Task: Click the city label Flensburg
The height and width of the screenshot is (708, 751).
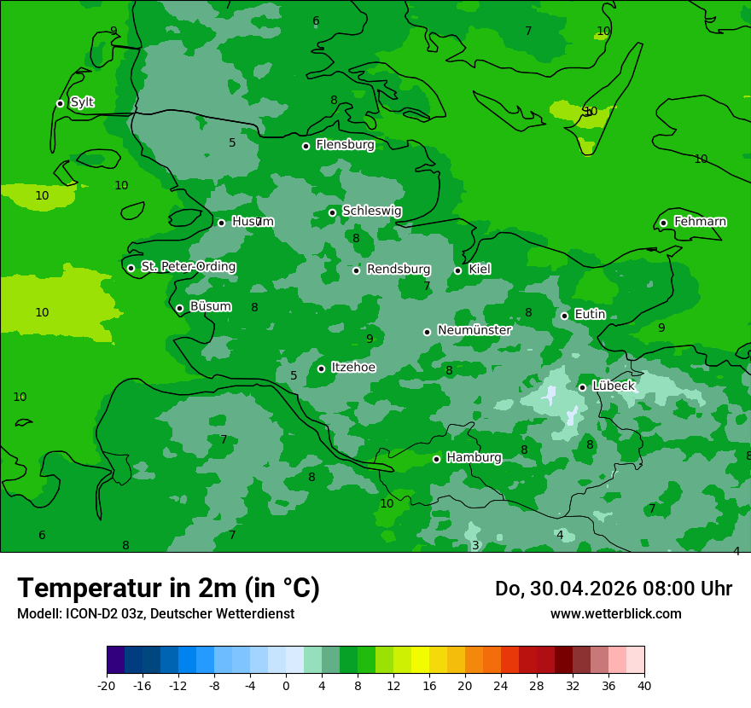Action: click(x=345, y=145)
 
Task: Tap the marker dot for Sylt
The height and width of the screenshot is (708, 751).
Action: click(x=60, y=103)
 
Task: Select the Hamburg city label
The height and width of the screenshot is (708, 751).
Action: click(x=474, y=458)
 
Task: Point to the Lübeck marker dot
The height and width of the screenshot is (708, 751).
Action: click(x=582, y=387)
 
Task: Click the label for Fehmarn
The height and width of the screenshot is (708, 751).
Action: click(x=700, y=222)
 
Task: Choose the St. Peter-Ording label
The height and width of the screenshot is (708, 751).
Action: click(x=188, y=267)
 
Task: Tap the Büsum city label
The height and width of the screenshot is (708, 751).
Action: click(x=210, y=307)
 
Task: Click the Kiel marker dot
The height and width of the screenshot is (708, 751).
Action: click(x=457, y=270)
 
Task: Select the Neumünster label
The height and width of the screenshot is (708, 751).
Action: click(x=474, y=331)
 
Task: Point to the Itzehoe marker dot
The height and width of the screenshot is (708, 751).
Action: click(x=321, y=369)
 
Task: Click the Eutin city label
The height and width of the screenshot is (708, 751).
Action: click(x=590, y=315)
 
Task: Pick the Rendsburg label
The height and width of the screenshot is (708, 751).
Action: click(x=399, y=270)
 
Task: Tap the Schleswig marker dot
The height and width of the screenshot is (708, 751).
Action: click(x=332, y=212)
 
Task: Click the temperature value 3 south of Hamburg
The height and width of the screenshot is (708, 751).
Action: click(x=475, y=546)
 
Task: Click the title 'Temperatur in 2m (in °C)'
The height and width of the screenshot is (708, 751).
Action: click(x=168, y=589)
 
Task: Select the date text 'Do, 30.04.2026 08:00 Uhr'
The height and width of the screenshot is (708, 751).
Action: click(x=614, y=589)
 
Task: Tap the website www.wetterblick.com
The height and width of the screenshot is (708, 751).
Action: click(x=615, y=614)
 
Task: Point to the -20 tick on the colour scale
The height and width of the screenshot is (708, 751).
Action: click(x=107, y=685)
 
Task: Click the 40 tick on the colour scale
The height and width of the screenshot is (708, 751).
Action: click(x=644, y=685)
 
